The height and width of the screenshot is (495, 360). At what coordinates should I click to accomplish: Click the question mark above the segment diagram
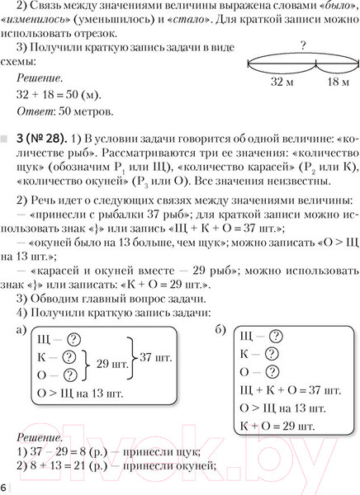coord(303,48)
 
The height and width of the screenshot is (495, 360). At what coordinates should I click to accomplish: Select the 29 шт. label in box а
coord(112,363)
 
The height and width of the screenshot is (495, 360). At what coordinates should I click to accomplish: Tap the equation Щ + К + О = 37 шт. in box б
coord(289,389)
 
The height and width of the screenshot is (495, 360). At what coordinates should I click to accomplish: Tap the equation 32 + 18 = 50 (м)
coord(68,94)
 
